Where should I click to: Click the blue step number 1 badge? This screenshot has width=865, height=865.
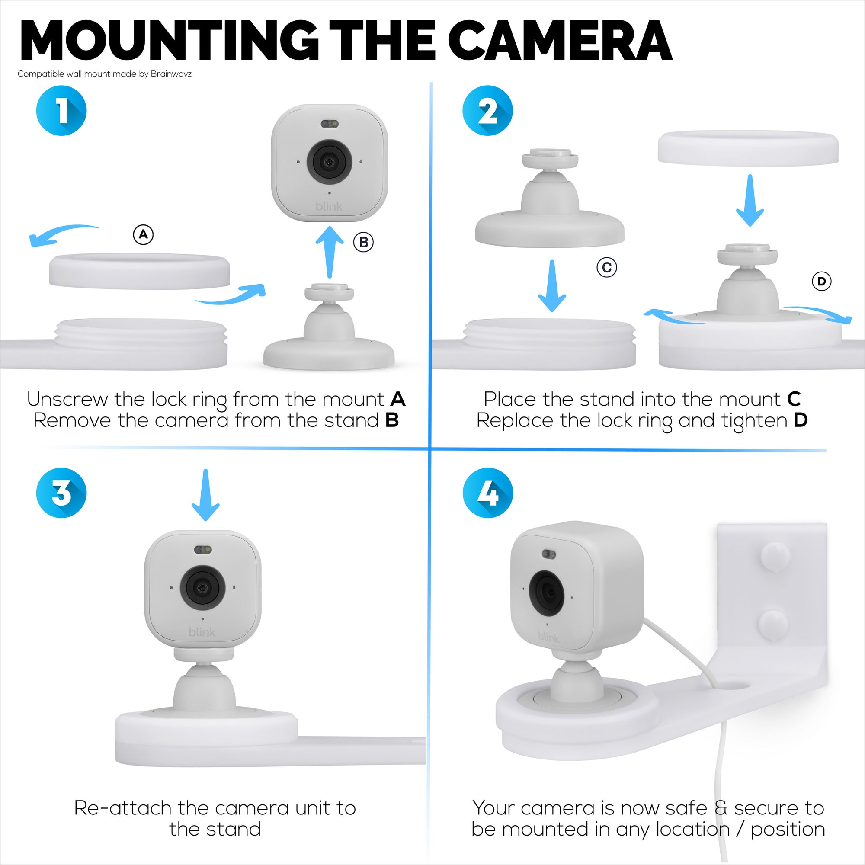coord(61,111)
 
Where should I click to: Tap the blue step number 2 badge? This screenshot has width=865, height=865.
coord(487,111)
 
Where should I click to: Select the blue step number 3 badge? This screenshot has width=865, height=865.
coord(61,493)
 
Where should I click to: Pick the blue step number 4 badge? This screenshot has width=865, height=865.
coord(487,493)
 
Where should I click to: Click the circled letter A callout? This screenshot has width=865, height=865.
coord(143,234)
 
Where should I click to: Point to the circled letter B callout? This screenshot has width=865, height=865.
coord(364,242)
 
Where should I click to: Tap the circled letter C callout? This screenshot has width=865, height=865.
coord(607,267)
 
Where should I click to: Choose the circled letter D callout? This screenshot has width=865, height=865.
coord(822,281)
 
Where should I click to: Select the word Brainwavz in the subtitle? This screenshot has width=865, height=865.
coord(171,74)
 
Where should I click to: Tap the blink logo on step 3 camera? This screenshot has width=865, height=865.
coord(202,632)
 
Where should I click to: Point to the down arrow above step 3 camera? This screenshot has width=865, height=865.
coord(205,495)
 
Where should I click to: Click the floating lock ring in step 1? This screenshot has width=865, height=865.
coord(139,271)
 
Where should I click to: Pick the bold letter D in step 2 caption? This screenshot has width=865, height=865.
coord(801,420)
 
